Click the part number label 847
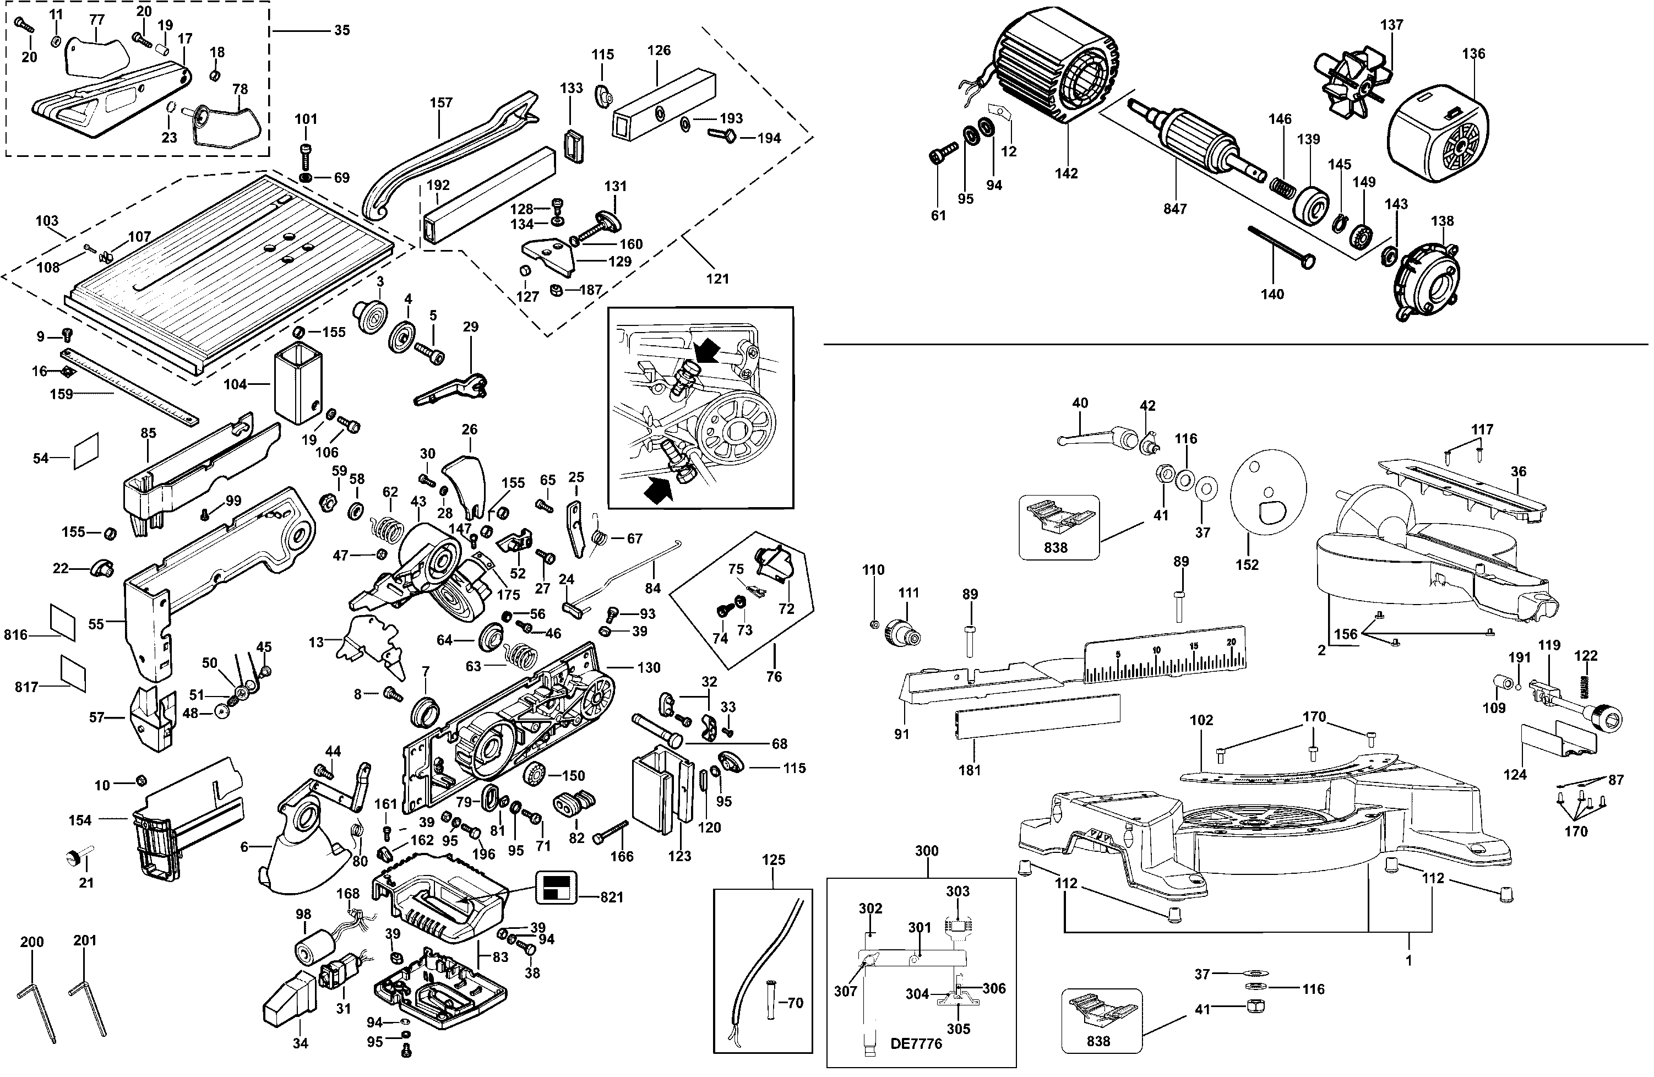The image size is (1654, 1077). (1175, 209)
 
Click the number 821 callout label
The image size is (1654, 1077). (612, 897)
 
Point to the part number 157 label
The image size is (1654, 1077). (440, 103)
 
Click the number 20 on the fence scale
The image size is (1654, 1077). (1232, 642)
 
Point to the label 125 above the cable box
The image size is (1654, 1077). (773, 860)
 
